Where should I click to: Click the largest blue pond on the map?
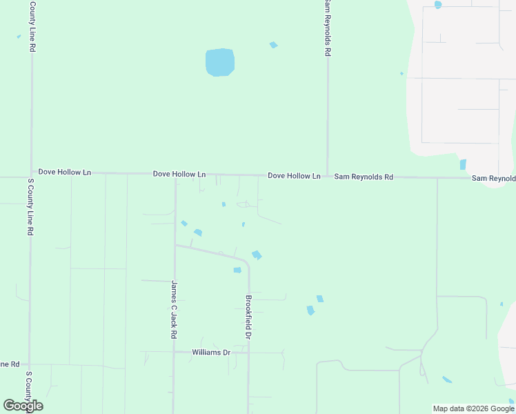(x=220, y=62)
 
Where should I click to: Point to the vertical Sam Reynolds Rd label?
(x=328, y=29)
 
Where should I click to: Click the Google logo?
(x=23, y=406)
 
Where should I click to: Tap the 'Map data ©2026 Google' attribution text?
(x=474, y=408)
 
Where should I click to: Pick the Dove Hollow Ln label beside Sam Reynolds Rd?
(x=294, y=176)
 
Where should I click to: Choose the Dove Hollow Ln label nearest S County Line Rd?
(x=65, y=171)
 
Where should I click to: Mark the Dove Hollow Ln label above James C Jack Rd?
(x=179, y=175)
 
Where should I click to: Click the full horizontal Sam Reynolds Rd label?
(x=364, y=177)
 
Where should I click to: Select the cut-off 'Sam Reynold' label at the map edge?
(x=493, y=178)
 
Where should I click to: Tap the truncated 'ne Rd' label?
(x=10, y=364)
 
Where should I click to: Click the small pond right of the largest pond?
(x=274, y=46)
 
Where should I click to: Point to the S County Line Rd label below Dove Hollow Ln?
(x=30, y=208)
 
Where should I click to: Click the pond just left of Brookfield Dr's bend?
(x=237, y=270)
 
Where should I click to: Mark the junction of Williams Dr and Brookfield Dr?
(x=248, y=353)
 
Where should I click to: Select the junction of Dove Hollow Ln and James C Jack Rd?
(x=175, y=175)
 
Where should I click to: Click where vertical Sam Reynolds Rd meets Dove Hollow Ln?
(x=327, y=176)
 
